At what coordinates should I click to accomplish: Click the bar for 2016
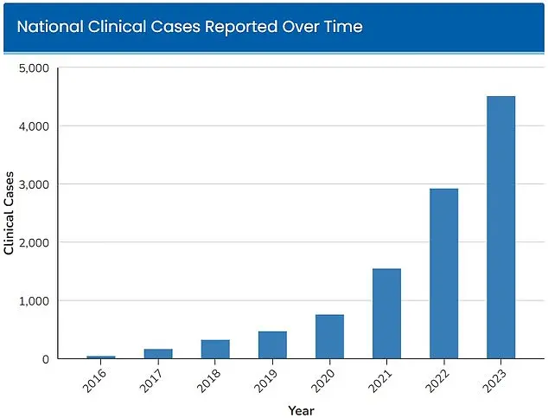tap(100, 357)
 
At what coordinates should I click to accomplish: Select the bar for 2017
tap(157, 353)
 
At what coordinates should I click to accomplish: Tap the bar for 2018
tap(215, 349)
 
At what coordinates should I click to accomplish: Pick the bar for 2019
tap(272, 344)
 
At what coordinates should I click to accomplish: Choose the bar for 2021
tap(386, 313)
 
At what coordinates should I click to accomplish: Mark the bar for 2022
tap(443, 273)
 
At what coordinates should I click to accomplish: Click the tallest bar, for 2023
tap(500, 227)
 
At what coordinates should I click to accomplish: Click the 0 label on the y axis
tap(46, 359)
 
